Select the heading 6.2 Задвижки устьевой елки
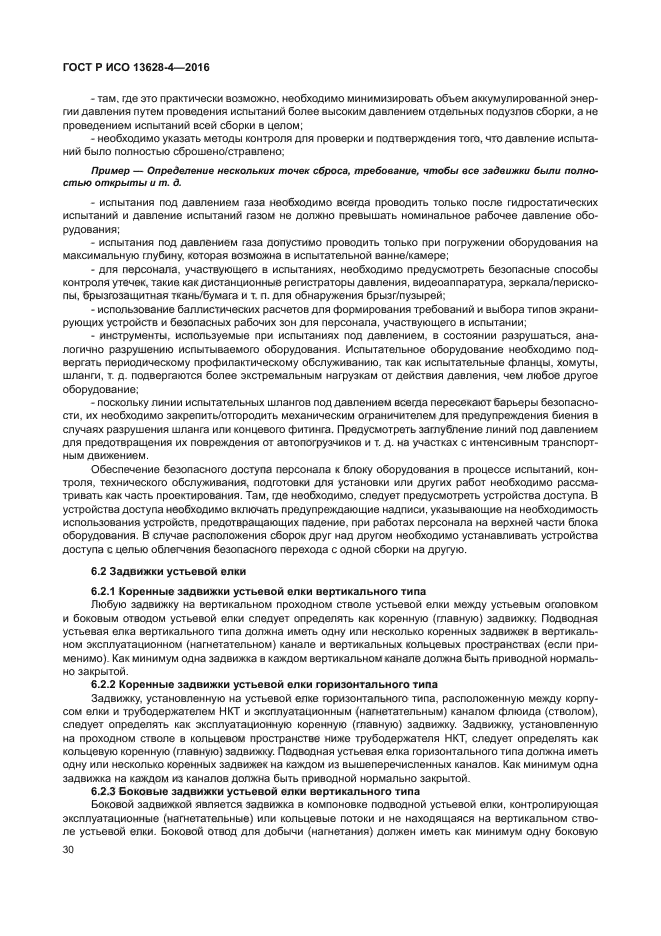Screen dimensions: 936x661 pyautogui.click(x=167, y=570)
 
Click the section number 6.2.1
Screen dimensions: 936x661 pyautogui.click(x=106, y=591)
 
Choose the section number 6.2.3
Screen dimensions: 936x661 pyautogui.click(x=106, y=791)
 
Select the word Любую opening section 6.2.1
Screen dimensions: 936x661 pyautogui.click(x=109, y=603)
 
